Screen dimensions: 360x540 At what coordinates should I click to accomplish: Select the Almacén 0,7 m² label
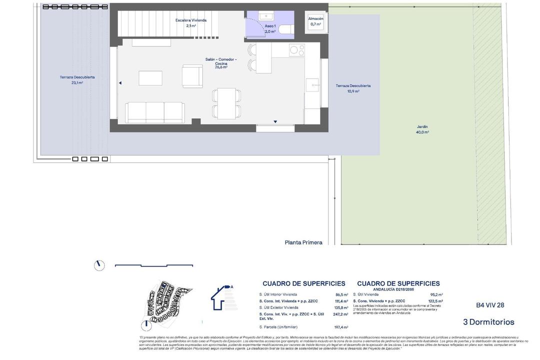click(x=315, y=21)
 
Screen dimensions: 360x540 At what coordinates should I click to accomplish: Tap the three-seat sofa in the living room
click(x=155, y=112)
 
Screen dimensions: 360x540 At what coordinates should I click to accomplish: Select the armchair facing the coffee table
click(x=192, y=76)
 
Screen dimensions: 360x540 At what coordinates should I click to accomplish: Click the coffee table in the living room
click(x=150, y=78)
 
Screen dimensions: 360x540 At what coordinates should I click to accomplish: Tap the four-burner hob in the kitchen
click(x=297, y=50)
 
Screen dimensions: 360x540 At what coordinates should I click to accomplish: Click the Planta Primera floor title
click(x=303, y=242)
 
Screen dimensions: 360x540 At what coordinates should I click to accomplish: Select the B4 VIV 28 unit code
click(x=490, y=305)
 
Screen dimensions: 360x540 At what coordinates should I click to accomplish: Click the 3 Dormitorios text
click(x=488, y=322)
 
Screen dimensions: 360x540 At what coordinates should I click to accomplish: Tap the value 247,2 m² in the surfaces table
click(x=340, y=314)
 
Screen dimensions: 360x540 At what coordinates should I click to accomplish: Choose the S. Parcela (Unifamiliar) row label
click(x=278, y=327)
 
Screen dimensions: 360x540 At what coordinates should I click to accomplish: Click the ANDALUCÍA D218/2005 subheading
click(x=398, y=289)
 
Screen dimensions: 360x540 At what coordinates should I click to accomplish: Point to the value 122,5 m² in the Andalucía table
click(x=435, y=301)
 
